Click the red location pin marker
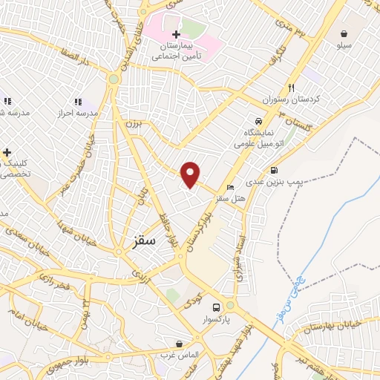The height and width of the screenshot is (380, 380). [191, 173]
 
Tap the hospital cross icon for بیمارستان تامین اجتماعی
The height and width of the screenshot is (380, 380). [176, 34]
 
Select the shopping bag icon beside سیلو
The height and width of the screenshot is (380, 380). [345, 33]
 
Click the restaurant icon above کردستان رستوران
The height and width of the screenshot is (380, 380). [292, 87]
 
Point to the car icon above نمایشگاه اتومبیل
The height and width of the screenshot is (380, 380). [258, 120]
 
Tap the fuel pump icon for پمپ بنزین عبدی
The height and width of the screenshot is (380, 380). [275, 170]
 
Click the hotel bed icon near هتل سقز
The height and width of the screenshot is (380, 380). [230, 187]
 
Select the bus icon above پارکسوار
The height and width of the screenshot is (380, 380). [216, 307]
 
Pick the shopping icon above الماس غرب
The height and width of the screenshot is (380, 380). [179, 344]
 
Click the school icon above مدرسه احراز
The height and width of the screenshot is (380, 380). [77, 101]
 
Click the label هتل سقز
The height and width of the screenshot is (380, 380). [230, 199]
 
